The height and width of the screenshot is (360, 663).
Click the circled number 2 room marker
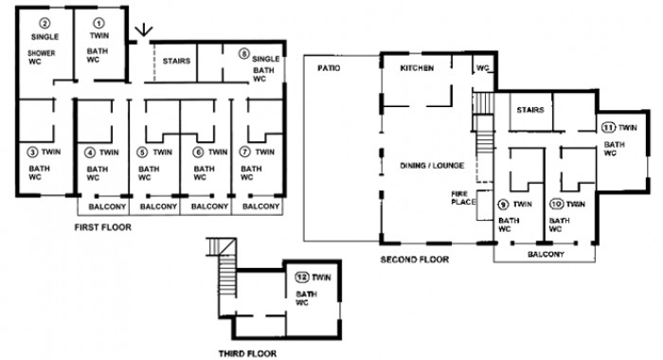click(x=45, y=24)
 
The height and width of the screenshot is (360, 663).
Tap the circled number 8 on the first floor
click(x=244, y=54)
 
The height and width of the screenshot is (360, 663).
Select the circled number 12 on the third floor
click(x=302, y=278)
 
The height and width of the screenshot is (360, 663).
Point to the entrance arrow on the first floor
click(x=144, y=32)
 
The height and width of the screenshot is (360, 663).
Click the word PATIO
click(x=329, y=68)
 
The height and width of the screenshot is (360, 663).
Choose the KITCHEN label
click(x=417, y=68)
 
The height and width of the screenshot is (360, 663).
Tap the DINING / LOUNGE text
click(x=432, y=166)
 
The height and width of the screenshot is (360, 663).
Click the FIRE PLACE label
click(x=463, y=198)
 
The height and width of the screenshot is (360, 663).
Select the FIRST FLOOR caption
click(x=102, y=227)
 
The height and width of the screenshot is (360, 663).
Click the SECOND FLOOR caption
click(x=415, y=260)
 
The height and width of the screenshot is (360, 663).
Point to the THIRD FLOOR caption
click(x=247, y=353)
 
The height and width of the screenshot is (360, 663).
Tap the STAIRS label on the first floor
click(x=176, y=61)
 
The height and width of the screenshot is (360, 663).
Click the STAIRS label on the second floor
click(x=530, y=110)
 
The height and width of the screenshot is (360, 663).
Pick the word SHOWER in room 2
click(x=42, y=53)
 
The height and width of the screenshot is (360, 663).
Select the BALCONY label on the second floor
click(x=546, y=254)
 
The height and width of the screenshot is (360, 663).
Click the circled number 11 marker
click(x=608, y=127)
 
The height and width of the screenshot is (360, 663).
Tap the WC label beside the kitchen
click(x=482, y=68)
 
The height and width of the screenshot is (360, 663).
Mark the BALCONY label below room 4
click(x=107, y=207)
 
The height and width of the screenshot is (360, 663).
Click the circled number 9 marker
click(x=503, y=205)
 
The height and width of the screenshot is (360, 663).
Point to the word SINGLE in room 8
click(x=266, y=59)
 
